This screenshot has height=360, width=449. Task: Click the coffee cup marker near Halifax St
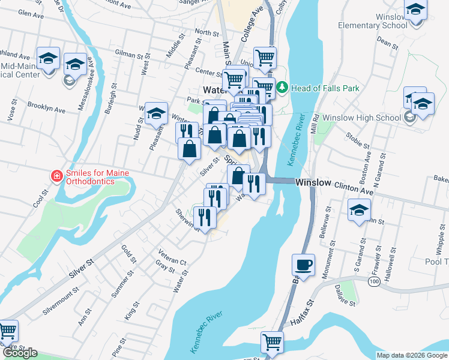coord(303,265)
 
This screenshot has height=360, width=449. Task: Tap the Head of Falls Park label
coord(325,88)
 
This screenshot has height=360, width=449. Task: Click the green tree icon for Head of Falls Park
coord(283,88)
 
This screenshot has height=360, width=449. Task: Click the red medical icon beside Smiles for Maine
coord(56,176)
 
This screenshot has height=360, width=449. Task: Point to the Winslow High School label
coord(361,118)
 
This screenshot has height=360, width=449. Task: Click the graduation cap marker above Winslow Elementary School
coord(415,10)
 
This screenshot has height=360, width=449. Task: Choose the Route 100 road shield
coord(375,281)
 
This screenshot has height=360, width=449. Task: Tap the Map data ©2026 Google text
coord(412,355)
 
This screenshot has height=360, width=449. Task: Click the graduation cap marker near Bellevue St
coord(360,210)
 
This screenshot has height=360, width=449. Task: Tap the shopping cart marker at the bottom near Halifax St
coord(272,342)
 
